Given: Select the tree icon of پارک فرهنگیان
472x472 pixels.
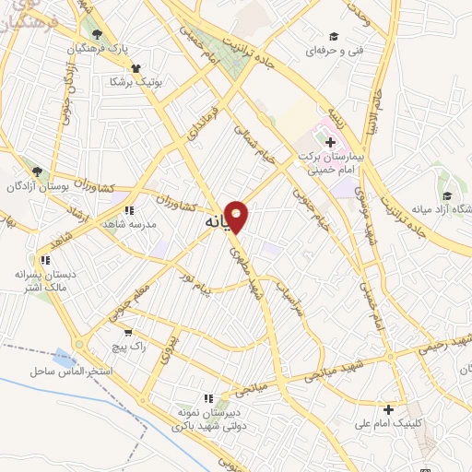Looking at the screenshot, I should click(x=97, y=35).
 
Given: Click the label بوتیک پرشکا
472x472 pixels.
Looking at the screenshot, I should click(x=136, y=81).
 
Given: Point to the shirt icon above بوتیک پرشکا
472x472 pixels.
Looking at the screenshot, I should click(x=136, y=67).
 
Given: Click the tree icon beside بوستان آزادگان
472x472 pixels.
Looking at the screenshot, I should click(x=37, y=171).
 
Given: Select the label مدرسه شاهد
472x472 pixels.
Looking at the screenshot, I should click(x=138, y=223).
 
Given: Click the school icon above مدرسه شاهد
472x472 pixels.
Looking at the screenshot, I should click(x=138, y=210).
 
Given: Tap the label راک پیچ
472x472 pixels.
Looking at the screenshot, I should click(x=128, y=345).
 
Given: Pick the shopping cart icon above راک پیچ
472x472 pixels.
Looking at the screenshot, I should click(x=127, y=332).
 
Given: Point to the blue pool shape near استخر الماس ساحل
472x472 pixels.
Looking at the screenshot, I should click(x=64, y=358).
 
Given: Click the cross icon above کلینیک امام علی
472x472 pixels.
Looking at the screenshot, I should click(x=389, y=410).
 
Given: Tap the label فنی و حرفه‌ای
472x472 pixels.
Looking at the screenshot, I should click(x=334, y=50).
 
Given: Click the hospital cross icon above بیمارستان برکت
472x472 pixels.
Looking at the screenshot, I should click(x=330, y=142).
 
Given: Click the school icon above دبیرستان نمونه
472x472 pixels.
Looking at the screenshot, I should click(x=208, y=398).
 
